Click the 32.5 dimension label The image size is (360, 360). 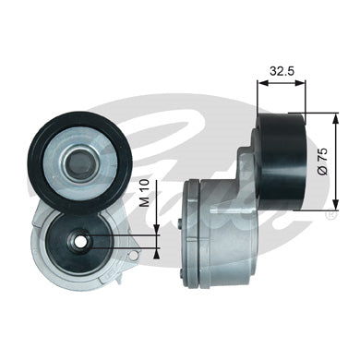282,71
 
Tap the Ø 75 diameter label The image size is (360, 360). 322,162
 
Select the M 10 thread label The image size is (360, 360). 144,193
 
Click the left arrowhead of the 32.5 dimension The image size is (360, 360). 262,83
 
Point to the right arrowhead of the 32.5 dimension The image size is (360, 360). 301,83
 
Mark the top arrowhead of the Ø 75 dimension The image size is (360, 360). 335,118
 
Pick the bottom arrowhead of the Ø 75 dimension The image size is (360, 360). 335,204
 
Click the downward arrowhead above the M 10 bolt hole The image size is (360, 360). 157,230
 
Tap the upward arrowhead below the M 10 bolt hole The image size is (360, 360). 157,253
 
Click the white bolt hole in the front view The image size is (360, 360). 81,242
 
